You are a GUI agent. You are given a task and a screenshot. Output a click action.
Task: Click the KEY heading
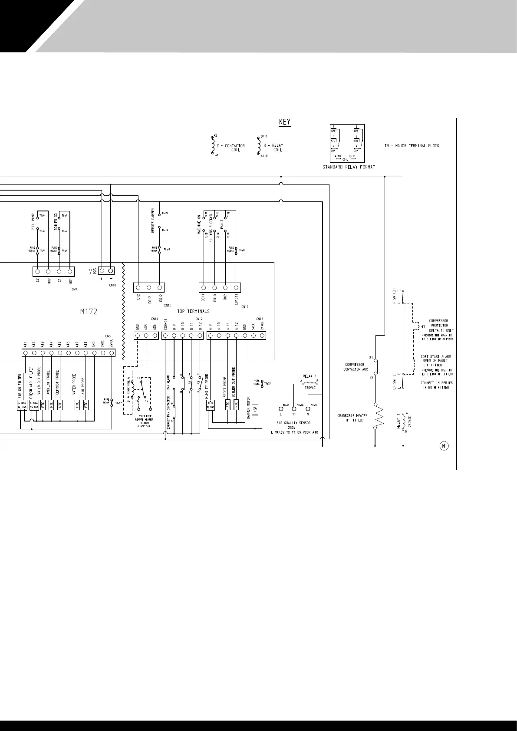pyautogui.click(x=284, y=122)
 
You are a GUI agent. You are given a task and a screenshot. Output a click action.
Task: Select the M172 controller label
pyautogui.click(x=88, y=311)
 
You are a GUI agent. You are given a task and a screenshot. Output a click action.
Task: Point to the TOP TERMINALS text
pyautogui.click(x=193, y=311)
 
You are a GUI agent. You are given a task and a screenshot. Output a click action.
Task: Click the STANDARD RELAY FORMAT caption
pyautogui.click(x=349, y=167)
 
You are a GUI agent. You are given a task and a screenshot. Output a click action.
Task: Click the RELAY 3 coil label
pyautogui.click(x=310, y=376)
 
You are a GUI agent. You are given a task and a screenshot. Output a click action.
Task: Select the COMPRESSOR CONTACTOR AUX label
pyautogui.click(x=356, y=367)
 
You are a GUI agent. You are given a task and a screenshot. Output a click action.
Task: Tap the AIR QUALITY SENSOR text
pyautogui.click(x=293, y=422)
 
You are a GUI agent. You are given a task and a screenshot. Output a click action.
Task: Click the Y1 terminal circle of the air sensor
pyautogui.click(x=294, y=408)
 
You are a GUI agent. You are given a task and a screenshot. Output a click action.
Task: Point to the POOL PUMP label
pyautogui.click(x=33, y=222)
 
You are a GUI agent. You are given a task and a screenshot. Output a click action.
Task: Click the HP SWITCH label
pyautogui.click(x=394, y=297)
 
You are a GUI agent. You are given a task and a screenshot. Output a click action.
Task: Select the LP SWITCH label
pyautogui.click(x=394, y=381)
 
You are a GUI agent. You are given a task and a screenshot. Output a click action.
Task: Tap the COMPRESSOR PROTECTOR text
pyautogui.click(x=438, y=323)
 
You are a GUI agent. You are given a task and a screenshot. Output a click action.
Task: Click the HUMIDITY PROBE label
pyautogui.click(x=207, y=386)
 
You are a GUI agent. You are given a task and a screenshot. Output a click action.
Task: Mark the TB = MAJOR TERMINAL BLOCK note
pyautogui.click(x=412, y=145)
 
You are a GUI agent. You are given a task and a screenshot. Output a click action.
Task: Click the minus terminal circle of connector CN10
pyautogui.click(x=111, y=271)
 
